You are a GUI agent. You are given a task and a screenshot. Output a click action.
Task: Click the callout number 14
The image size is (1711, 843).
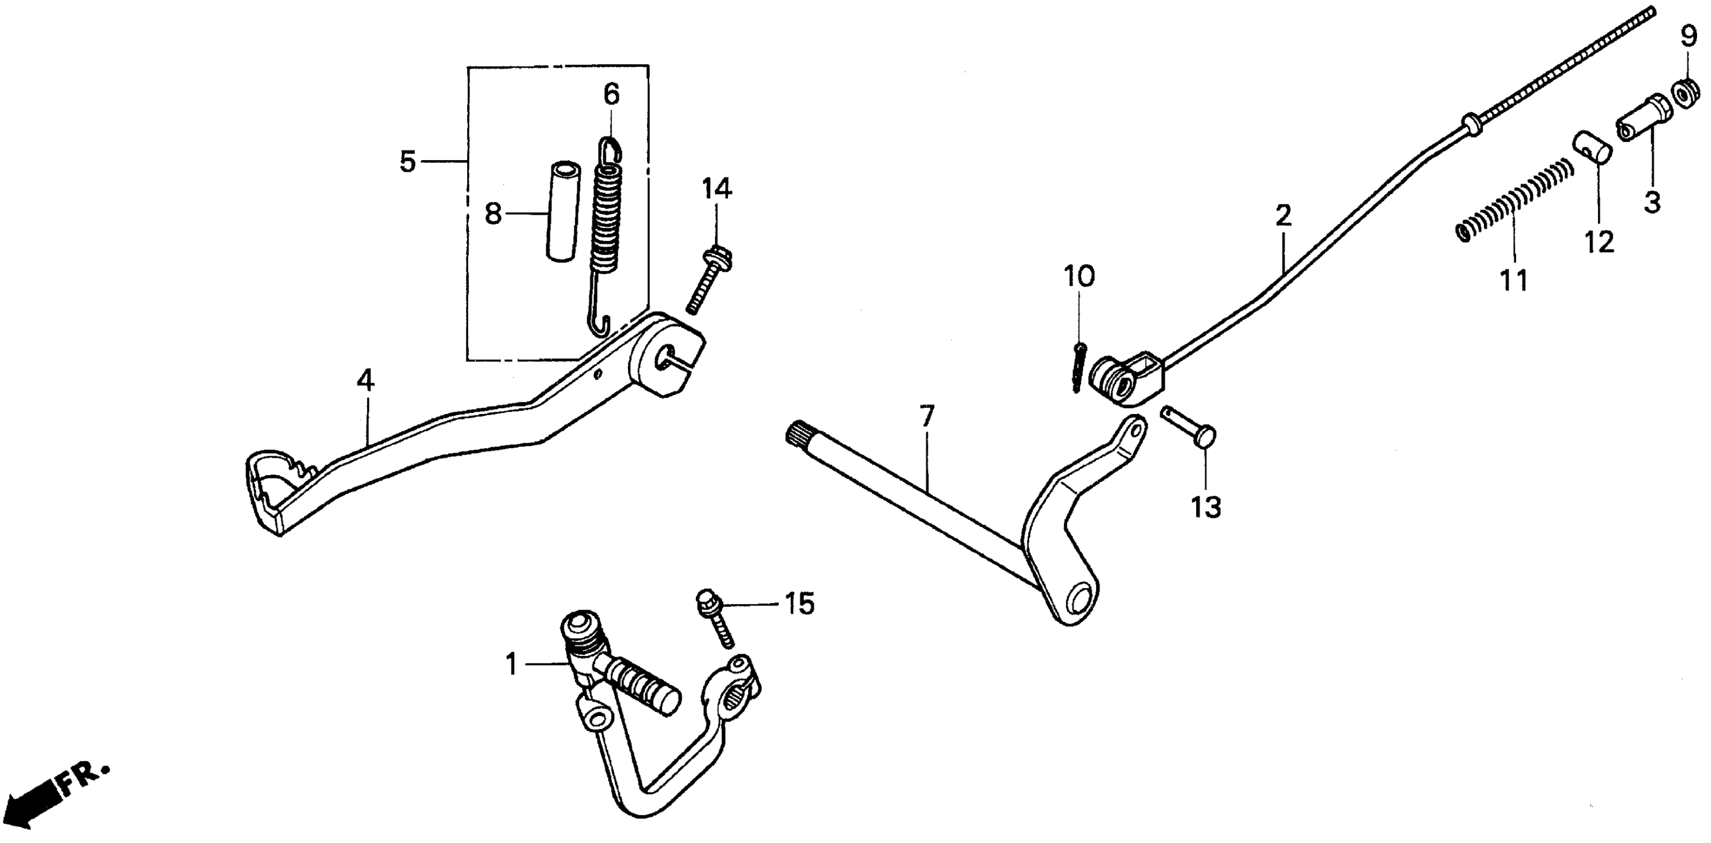tap(717, 189)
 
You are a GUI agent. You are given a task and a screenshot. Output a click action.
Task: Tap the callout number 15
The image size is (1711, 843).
tap(799, 604)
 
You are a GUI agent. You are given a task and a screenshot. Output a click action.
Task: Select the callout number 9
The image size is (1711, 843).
tap(1689, 37)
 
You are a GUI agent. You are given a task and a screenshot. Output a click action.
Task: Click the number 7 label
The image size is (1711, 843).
tap(927, 417)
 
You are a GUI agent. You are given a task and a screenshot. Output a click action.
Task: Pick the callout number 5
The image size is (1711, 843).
tap(408, 162)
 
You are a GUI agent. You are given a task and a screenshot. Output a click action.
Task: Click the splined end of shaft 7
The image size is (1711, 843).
tap(796, 434)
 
